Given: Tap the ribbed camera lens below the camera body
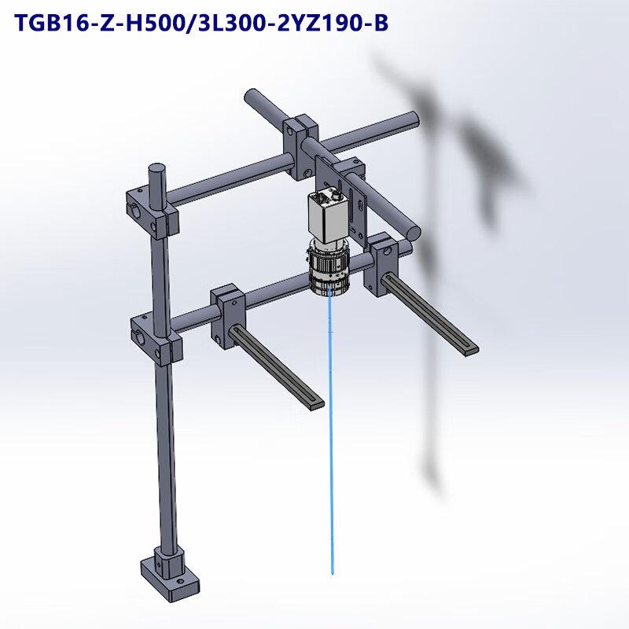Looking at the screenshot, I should tap(329, 269).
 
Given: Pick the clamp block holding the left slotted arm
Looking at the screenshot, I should tap(230, 310).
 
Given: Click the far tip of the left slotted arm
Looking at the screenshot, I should tap(314, 402).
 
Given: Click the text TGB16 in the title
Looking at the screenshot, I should tap(51, 24).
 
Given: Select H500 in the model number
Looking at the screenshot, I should tap(149, 24).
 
